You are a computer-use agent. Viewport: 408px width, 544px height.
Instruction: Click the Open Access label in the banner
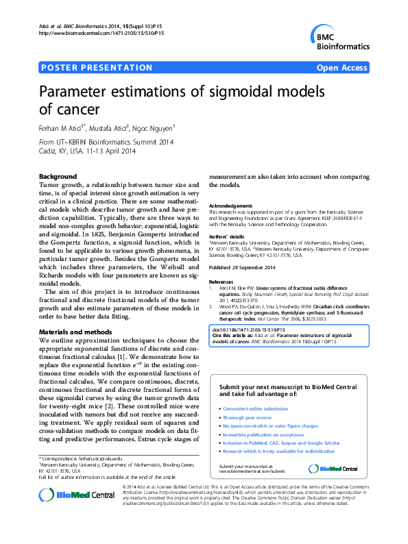[341, 68]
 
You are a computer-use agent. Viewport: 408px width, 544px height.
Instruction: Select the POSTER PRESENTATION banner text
[97, 68]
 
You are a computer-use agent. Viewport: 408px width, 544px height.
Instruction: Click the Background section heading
[58, 177]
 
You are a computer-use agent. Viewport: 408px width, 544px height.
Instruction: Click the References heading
[221, 282]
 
